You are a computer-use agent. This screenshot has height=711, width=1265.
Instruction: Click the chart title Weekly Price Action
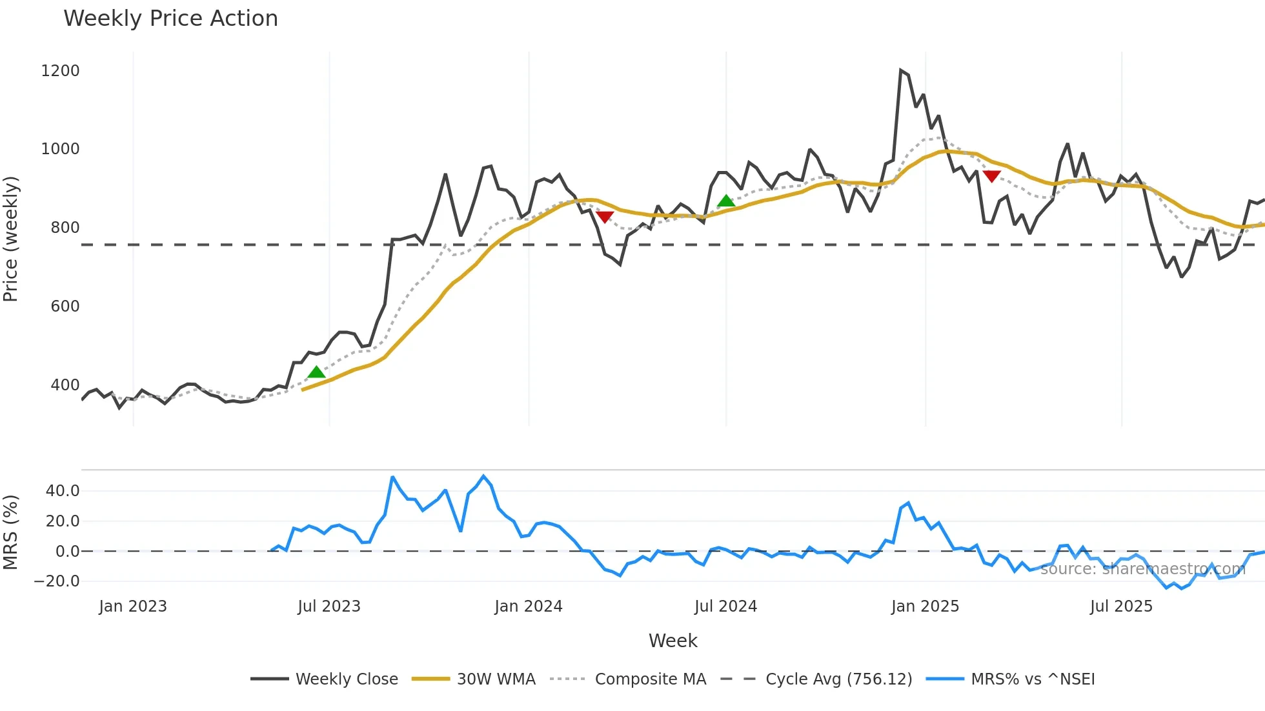coord(170,19)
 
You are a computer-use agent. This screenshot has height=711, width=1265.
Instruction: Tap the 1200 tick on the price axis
coord(60,71)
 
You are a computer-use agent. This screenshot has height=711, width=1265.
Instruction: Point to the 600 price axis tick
coord(65,306)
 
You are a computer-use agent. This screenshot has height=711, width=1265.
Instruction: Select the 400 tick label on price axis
coord(65,385)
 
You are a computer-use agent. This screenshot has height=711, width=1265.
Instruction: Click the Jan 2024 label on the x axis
coord(529,606)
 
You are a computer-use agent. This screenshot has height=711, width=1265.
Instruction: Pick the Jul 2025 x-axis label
coord(1121,606)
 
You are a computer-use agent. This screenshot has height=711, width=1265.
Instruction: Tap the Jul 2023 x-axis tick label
coord(329,606)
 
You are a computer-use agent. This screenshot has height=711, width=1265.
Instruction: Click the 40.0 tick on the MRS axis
coord(63,491)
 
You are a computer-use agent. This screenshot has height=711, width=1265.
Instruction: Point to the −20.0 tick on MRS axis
coord(57,581)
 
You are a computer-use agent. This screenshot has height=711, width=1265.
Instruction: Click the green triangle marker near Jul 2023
coord(316,372)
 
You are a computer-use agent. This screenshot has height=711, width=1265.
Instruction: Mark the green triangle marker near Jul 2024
coord(726,201)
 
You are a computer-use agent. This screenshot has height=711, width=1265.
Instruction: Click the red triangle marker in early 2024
coord(605,217)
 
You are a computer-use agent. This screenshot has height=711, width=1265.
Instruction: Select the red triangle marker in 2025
coord(991,176)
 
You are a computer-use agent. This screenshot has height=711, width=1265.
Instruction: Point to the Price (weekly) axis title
coord(10,239)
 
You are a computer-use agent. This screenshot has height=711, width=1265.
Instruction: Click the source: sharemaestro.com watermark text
coord(1142,569)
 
